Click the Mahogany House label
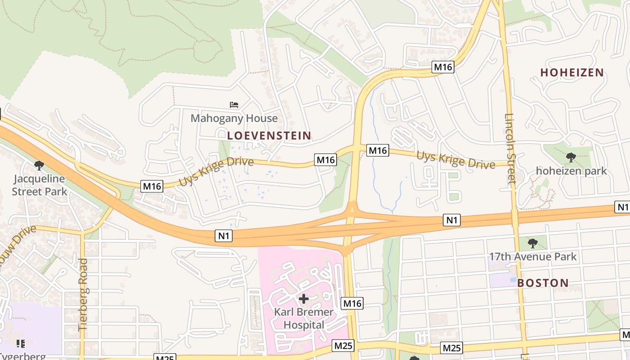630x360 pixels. click(234, 118)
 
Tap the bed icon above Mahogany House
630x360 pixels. click(234, 105)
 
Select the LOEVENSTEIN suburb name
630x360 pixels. click(269, 135)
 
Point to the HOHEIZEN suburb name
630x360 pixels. click(572, 72)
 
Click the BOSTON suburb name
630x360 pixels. click(543, 283)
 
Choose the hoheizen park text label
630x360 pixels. click(571, 171)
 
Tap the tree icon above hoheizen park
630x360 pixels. click(571, 157)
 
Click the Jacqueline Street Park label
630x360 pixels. click(39, 185)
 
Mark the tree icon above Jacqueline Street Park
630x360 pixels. click(39, 165)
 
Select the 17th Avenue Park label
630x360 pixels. click(533, 257)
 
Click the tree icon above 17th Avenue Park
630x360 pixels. click(533, 243)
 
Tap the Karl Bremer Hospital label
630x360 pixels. click(304, 318)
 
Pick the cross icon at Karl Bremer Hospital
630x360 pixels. click(304, 298)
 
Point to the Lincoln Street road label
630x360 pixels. click(510, 148)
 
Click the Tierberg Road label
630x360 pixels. click(83, 295)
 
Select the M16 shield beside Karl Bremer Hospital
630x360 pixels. click(352, 304)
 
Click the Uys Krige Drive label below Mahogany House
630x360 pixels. click(216, 171)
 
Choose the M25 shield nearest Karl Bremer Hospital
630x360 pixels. click(343, 346)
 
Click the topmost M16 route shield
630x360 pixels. click(443, 67)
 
